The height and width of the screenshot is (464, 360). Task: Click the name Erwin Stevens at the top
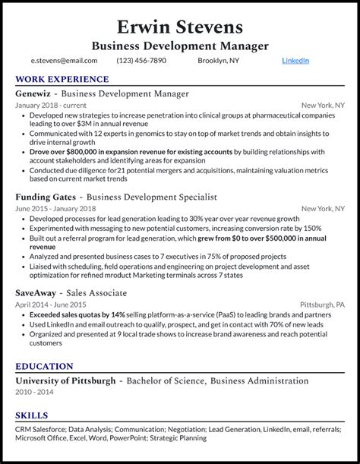pos(180,27)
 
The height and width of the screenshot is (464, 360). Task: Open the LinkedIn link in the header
pos(295,61)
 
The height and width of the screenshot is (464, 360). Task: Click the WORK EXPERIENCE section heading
pos(62,79)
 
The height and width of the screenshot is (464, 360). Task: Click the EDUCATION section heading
pos(44,366)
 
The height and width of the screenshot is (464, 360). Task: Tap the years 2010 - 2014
pos(35,391)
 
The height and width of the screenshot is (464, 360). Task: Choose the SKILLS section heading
pos(31,415)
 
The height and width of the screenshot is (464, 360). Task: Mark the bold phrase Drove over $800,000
pos(63,151)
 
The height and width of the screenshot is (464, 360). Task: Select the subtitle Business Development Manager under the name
pos(180,46)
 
